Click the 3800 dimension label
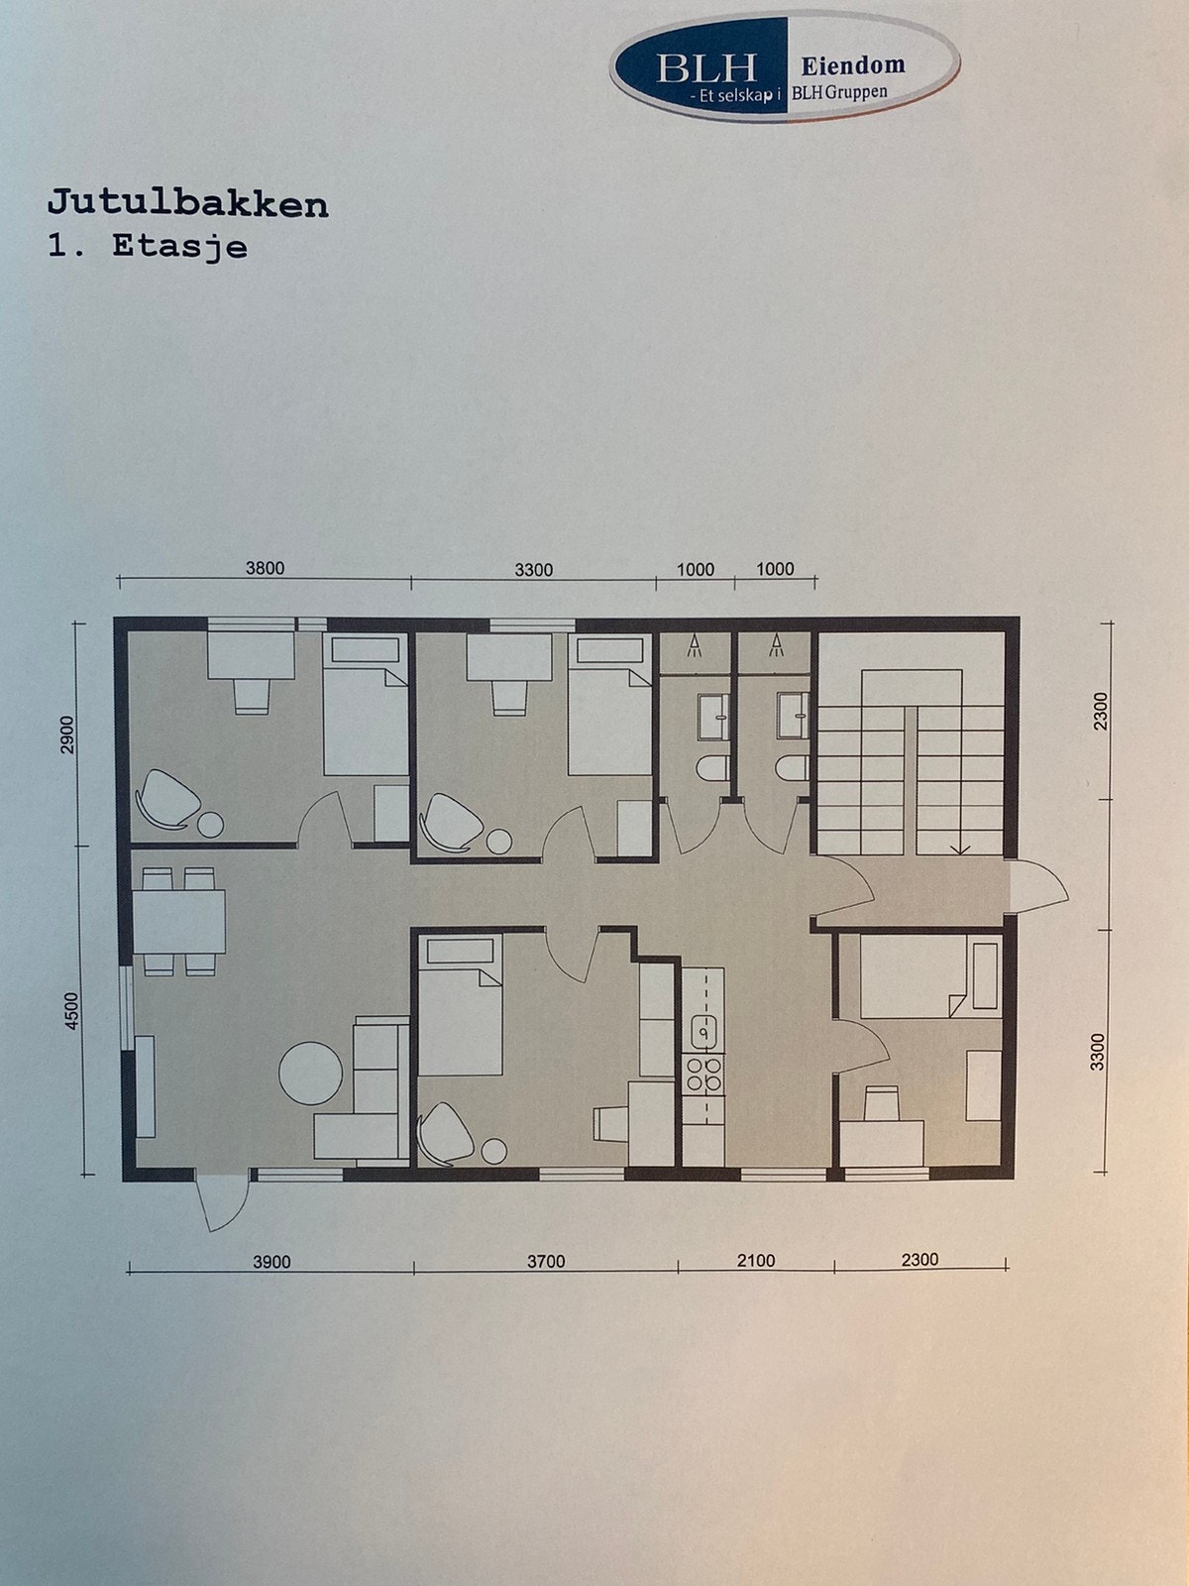click(x=265, y=568)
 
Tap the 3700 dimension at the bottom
click(x=546, y=1261)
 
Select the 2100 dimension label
click(x=756, y=1261)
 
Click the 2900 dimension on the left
click(x=67, y=735)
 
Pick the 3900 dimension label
click(x=271, y=1262)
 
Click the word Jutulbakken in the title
click(x=187, y=204)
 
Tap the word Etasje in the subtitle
click(x=179, y=245)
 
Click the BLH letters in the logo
click(x=705, y=67)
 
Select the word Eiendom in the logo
click(x=852, y=65)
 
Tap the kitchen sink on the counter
click(x=703, y=1032)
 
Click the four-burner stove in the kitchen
click(x=703, y=1075)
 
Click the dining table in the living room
click(x=179, y=921)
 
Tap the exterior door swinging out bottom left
click(x=213, y=1201)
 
